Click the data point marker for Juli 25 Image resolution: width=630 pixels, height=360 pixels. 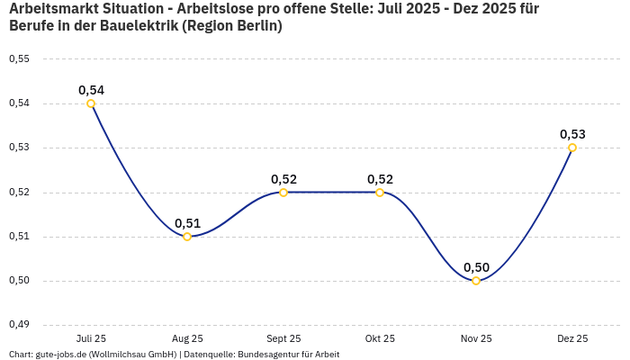(91, 103)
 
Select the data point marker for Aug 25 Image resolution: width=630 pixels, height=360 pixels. (187, 237)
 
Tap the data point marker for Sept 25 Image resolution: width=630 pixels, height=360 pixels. (283, 192)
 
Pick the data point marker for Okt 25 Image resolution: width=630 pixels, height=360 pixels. (380, 192)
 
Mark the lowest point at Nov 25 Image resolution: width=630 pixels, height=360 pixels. (476, 281)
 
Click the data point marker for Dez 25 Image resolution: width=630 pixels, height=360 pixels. (572, 148)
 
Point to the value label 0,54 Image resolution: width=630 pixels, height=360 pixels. (91, 90)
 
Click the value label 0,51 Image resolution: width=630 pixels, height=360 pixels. (187, 223)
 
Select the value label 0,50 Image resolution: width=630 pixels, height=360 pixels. (476, 267)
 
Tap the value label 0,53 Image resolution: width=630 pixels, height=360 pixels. (572, 134)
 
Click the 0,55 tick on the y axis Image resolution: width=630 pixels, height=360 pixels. (19, 59)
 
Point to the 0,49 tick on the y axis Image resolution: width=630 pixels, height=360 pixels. (19, 325)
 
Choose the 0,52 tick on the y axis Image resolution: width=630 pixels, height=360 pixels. (19, 192)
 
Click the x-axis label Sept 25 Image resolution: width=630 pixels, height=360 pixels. (283, 338)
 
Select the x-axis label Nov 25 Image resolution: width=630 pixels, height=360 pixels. (476, 338)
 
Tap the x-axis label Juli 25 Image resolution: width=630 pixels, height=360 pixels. (91, 338)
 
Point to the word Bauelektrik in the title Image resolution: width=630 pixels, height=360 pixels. (137, 26)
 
